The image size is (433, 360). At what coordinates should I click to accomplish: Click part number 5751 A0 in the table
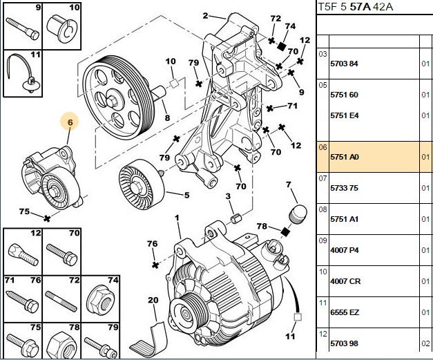pyautogui.click(x=345, y=157)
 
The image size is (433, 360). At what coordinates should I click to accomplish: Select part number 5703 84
pyautogui.click(x=344, y=64)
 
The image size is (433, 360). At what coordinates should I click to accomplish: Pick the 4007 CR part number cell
pyautogui.click(x=345, y=281)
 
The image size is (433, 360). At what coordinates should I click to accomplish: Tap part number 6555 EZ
pyautogui.click(x=345, y=312)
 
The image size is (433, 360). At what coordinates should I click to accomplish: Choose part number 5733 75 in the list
pyautogui.click(x=344, y=188)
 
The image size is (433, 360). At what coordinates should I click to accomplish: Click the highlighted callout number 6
pyautogui.click(x=70, y=122)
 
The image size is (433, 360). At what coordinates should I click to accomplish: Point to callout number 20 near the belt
pyautogui.click(x=153, y=300)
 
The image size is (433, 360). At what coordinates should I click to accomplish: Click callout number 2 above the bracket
pyautogui.click(x=205, y=16)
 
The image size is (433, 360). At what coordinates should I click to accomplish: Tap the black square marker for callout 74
pyautogui.click(x=281, y=46)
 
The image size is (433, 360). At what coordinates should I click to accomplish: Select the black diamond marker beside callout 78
pyautogui.click(x=285, y=231)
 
